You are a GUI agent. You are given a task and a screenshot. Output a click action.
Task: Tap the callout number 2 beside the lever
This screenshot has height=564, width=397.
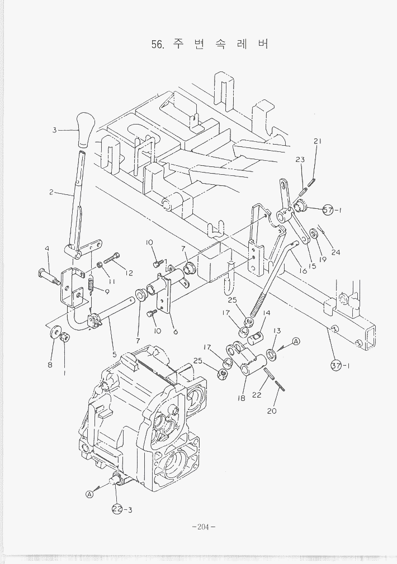pos(51,193)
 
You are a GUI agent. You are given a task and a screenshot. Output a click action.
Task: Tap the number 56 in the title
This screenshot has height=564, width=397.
pos(158,44)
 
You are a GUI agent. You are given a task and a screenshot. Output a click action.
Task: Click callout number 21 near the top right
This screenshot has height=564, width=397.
pos(317,141)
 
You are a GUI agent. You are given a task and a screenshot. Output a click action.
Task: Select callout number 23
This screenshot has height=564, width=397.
pos(300,160)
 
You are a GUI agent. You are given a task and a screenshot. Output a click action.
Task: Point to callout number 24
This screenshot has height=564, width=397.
pos(335,252)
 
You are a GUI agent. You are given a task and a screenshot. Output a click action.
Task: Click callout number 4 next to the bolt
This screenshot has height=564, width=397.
pos(48,248)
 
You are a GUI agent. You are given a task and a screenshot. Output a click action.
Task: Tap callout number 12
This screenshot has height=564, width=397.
pos(130,273)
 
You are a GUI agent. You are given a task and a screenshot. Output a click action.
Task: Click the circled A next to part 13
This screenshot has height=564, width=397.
pos(296,341)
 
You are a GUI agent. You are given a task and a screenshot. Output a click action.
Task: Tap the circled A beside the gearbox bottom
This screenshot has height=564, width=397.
pos(89,494)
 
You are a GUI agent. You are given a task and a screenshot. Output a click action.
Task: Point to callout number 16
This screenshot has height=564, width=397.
pos(303,271)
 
